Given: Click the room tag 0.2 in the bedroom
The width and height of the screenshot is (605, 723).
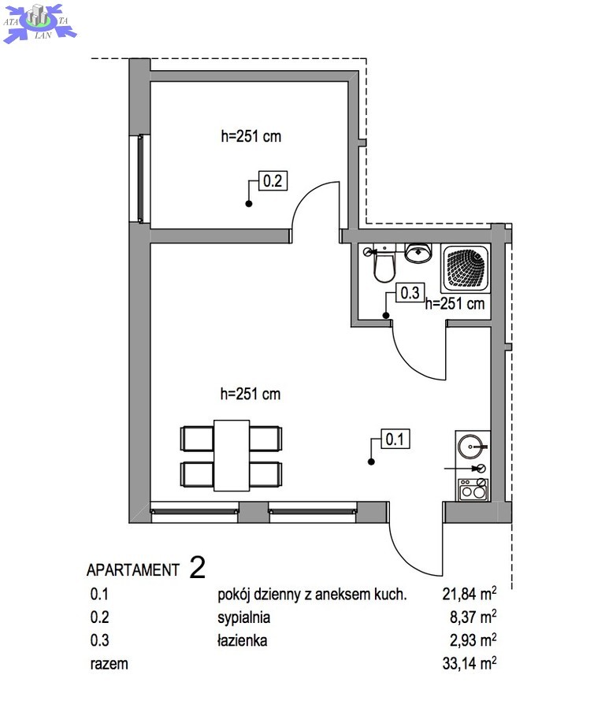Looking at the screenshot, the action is [273, 180].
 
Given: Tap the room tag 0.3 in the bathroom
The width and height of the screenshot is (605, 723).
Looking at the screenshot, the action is [410, 293].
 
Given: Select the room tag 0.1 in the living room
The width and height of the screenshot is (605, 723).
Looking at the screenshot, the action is [395, 439].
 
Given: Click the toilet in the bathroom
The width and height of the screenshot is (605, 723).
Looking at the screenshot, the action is [383, 265].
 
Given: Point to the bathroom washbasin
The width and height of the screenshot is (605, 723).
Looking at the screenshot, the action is [418, 253].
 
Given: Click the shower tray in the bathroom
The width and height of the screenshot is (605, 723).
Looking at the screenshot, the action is [465, 269].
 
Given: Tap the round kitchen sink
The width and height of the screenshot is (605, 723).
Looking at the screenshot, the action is [471, 447].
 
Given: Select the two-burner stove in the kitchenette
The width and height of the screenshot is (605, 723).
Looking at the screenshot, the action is [473, 489].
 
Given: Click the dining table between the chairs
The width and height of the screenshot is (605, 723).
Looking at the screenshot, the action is [232, 455].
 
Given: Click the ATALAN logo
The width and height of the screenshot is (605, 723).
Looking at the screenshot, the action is [40, 22].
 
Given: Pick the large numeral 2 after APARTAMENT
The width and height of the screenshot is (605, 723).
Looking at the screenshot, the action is [198, 568].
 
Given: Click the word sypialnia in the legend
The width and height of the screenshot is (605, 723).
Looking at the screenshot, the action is [243, 617].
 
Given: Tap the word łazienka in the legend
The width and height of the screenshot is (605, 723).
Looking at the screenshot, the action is [242, 640].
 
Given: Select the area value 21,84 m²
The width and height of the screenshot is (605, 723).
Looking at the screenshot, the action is [470, 594].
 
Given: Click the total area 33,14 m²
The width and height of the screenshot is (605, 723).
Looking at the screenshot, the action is [470, 663].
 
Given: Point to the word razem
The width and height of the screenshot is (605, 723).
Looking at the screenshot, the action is [109, 664].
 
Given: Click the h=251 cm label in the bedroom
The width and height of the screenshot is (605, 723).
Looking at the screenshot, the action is [251, 136].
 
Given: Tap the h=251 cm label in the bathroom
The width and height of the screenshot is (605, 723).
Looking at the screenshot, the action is [455, 303].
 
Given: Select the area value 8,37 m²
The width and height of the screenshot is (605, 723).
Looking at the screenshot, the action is [473, 617].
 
